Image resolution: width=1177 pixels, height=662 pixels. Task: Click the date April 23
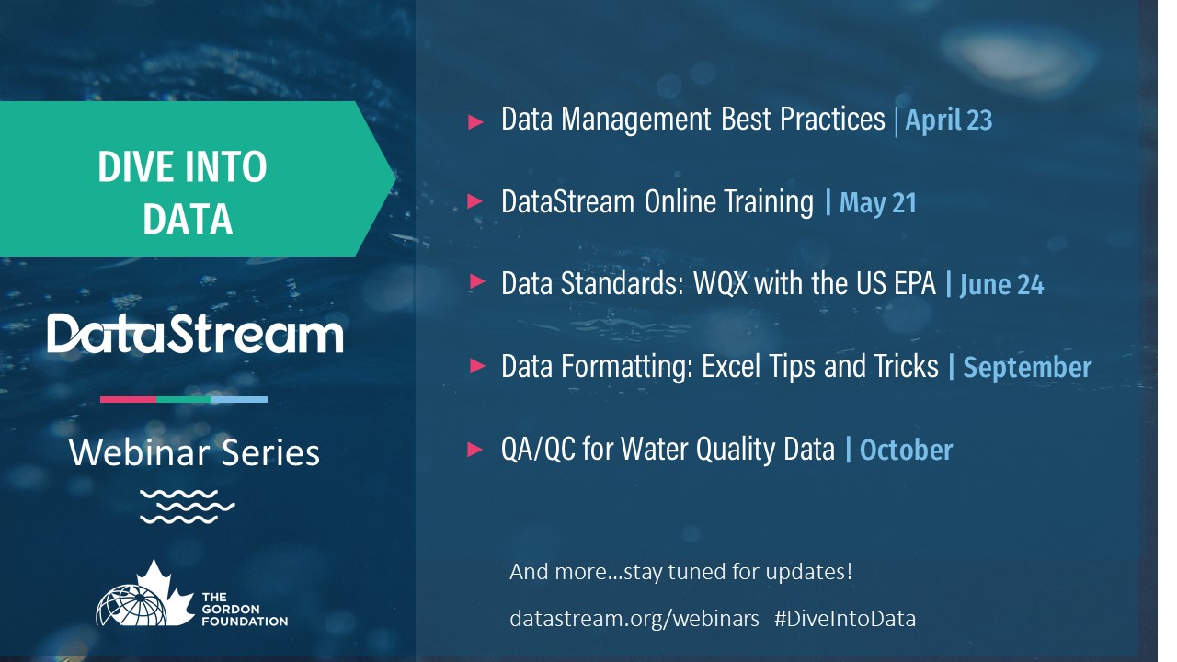(949, 120)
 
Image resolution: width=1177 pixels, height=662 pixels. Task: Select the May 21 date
(878, 203)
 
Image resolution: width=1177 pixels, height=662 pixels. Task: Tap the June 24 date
(1001, 285)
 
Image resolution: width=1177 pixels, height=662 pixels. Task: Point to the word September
(1027, 367)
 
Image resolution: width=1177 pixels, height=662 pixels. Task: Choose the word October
(906, 450)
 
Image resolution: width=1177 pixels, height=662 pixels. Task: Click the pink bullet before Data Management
(475, 122)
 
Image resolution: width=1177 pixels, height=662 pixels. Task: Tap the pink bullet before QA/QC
(475, 450)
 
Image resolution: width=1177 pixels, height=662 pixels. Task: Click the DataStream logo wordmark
(195, 333)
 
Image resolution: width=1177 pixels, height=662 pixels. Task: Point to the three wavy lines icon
(187, 507)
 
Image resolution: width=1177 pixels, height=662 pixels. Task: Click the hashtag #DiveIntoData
(845, 619)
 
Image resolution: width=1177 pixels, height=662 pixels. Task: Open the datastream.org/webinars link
(634, 619)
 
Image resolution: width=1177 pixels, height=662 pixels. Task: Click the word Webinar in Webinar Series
(139, 452)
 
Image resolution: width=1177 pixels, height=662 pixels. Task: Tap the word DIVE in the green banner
(135, 167)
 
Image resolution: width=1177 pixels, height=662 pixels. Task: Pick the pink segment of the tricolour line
(128, 400)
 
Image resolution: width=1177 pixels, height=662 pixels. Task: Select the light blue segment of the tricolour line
(240, 400)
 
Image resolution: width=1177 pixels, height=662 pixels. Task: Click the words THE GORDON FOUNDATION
(245, 610)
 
